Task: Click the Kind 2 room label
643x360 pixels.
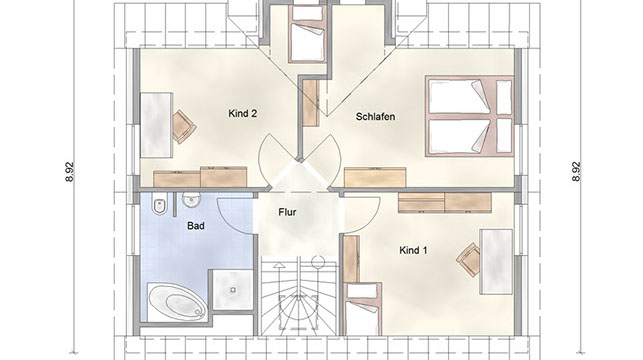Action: (x=242, y=114)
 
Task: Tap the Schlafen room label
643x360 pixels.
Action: (x=375, y=117)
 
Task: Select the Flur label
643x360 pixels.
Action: (x=287, y=212)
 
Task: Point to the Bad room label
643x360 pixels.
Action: (x=196, y=226)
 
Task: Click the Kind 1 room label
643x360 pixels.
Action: (x=413, y=250)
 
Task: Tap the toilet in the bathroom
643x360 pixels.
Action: (x=159, y=204)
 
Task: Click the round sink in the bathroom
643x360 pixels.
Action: (x=191, y=201)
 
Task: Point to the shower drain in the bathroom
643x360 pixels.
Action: (x=233, y=290)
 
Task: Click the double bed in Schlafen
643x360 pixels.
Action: (x=470, y=116)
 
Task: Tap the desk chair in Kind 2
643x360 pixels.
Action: (x=184, y=127)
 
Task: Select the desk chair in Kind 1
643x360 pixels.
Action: (x=468, y=260)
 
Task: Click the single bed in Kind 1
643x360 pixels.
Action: (x=363, y=309)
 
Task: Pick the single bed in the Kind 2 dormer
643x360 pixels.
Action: (x=307, y=34)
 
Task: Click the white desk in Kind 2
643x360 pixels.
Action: (x=157, y=125)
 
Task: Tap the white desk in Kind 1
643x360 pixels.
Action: (x=496, y=262)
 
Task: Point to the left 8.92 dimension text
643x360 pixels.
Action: (x=70, y=172)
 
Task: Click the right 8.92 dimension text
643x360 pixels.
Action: (x=576, y=172)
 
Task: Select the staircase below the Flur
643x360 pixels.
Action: (x=298, y=297)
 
